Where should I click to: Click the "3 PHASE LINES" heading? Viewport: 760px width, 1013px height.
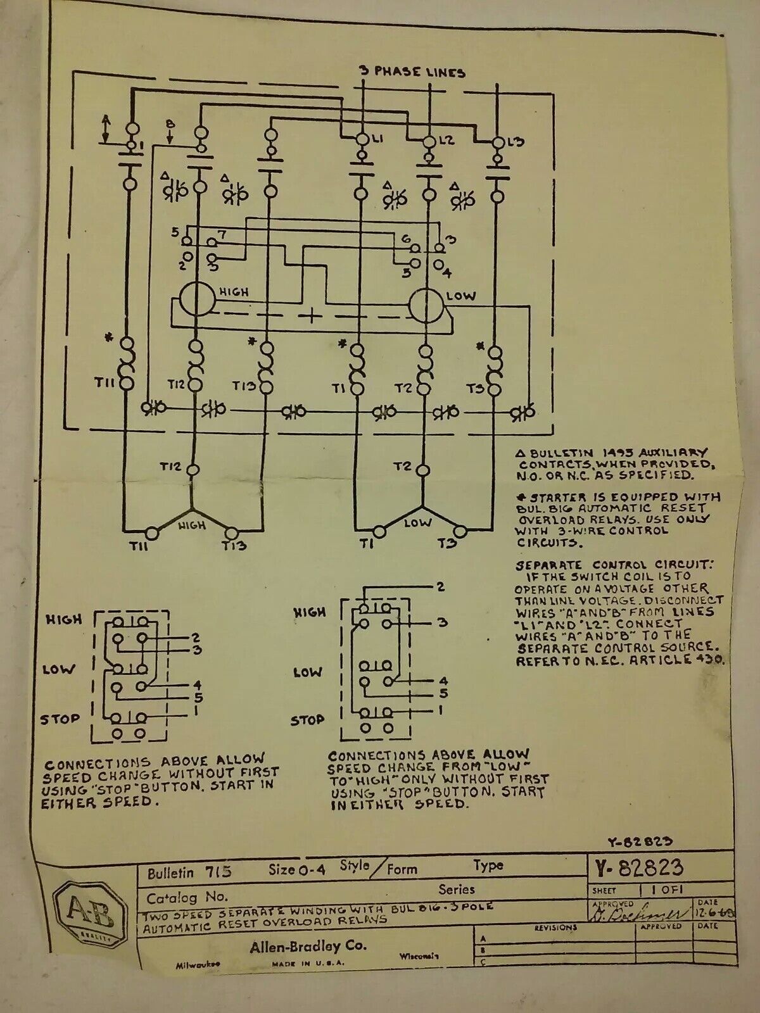click(412, 72)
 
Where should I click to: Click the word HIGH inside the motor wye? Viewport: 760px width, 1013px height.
click(192, 525)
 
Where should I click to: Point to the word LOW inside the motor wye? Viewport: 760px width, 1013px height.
click(417, 523)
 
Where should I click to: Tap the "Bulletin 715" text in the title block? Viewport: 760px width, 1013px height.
click(189, 873)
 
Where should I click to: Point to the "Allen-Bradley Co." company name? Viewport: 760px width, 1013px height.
click(308, 947)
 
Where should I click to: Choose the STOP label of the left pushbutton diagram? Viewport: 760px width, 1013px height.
click(60, 719)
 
